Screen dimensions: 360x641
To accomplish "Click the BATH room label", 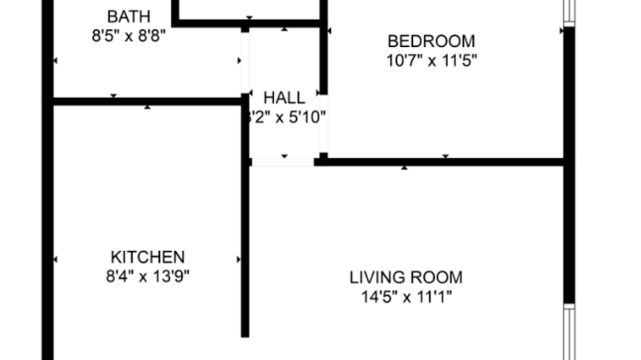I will pyautogui.click(x=129, y=16).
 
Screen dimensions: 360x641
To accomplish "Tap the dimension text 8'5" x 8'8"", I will pyautogui.click(x=129, y=36).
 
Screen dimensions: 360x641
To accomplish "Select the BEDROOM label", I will pyautogui.click(x=431, y=42).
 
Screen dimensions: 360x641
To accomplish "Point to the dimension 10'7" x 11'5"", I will pyautogui.click(x=431, y=60).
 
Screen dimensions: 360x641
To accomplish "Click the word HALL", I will pyautogui.click(x=284, y=97).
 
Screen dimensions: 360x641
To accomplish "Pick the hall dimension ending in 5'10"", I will pyautogui.click(x=286, y=117).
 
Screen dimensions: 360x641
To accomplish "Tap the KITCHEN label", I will pyautogui.click(x=147, y=257).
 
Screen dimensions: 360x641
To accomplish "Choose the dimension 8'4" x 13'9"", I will pyautogui.click(x=147, y=276).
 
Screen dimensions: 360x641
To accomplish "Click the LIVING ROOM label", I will pyautogui.click(x=406, y=277).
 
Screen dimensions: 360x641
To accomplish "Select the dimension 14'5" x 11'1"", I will pyautogui.click(x=406, y=297).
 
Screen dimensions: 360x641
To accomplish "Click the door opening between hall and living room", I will pyautogui.click(x=283, y=162).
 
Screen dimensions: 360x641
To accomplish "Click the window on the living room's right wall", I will pyautogui.click(x=569, y=332).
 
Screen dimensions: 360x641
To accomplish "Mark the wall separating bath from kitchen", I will pyautogui.click(x=147, y=102).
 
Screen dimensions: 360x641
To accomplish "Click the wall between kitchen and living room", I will pyautogui.click(x=245, y=248).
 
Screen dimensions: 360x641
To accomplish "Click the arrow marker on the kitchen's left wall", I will pyautogui.click(x=55, y=259).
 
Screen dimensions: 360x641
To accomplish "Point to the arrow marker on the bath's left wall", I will pyautogui.click(x=55, y=60).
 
